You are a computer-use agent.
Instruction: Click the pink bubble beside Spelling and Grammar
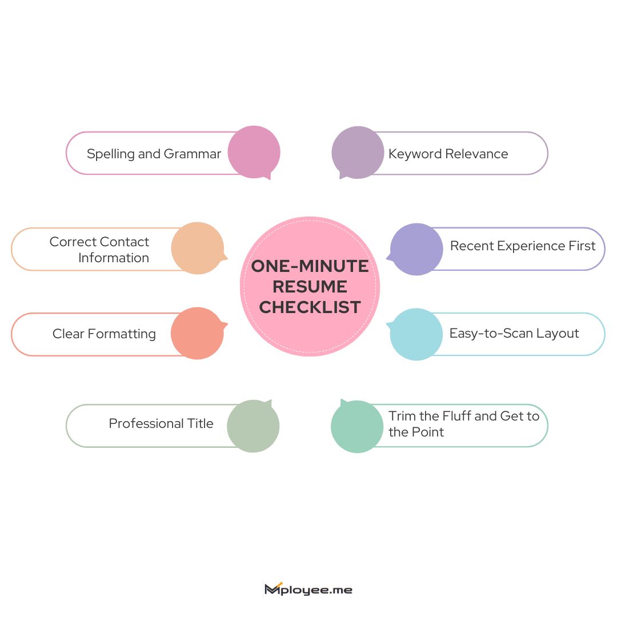click(x=254, y=152)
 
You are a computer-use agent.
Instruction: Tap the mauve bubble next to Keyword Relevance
click(x=358, y=153)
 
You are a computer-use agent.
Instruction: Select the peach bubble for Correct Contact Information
click(x=198, y=249)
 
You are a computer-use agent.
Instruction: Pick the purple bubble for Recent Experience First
click(x=416, y=250)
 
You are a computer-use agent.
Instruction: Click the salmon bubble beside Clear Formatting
click(x=198, y=333)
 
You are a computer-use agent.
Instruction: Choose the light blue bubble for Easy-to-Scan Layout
click(x=416, y=334)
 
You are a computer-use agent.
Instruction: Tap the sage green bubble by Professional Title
click(x=253, y=426)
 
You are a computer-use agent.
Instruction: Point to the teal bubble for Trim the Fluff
click(x=357, y=427)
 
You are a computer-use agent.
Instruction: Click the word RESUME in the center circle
click(x=310, y=286)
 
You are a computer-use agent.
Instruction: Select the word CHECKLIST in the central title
click(x=310, y=307)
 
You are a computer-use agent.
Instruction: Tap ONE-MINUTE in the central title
click(x=310, y=266)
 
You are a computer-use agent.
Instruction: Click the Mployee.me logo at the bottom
click(x=308, y=589)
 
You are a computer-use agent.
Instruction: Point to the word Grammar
click(x=193, y=154)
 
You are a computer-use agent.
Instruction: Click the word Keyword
click(x=415, y=154)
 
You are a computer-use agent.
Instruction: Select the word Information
click(x=114, y=258)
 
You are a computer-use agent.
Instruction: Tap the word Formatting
click(x=122, y=334)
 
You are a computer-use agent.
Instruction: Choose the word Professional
click(x=146, y=423)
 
